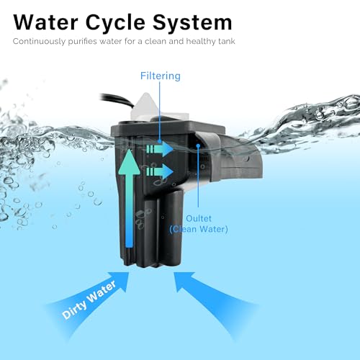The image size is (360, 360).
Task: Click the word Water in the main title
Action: click(45, 22)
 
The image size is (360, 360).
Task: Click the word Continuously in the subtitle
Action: click(40, 42)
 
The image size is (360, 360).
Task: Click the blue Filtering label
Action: click(161, 76)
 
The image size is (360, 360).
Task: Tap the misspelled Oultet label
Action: click(199, 218)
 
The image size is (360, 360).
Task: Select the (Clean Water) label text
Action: click(199, 229)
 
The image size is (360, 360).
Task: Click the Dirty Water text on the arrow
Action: click(89, 300)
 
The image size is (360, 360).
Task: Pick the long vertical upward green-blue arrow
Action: click(129, 198)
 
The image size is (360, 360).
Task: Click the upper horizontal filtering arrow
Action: click(160, 149)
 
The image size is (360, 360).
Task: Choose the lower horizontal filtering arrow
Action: click(160, 171)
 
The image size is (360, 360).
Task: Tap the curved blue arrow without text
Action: click(211, 300)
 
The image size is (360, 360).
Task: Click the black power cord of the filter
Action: click(116, 99)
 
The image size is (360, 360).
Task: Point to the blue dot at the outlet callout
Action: click(198, 145)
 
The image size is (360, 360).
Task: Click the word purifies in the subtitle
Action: click(83, 42)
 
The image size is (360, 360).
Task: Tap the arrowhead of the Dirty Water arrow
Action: click(120, 279)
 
